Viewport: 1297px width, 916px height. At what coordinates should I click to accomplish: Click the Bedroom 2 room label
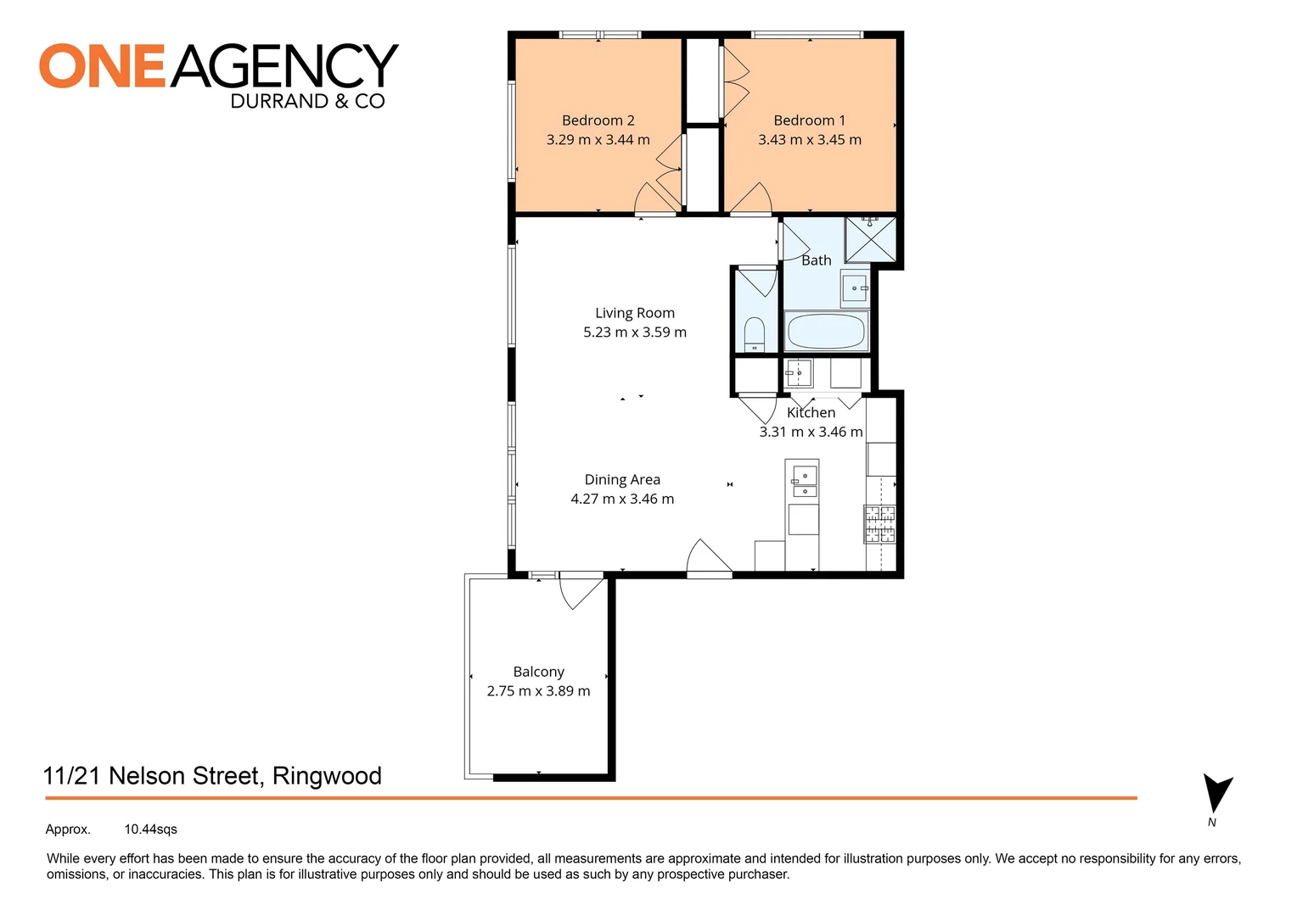point(598,120)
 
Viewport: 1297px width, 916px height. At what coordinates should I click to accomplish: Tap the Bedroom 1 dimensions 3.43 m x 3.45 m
point(809,140)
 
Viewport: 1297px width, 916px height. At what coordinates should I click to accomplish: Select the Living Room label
point(634,313)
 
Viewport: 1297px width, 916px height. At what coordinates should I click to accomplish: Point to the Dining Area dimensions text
point(622,499)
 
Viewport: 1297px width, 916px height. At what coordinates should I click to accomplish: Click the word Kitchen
point(811,412)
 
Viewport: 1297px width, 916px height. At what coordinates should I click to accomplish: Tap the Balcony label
point(538,672)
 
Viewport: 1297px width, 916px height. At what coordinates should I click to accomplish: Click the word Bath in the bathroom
point(816,260)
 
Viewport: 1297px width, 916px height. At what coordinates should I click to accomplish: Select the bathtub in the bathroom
point(826,331)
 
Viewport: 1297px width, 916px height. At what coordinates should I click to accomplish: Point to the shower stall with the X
point(870,239)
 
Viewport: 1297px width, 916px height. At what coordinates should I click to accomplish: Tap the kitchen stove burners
point(879,523)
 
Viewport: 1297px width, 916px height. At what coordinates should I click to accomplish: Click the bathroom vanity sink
point(854,288)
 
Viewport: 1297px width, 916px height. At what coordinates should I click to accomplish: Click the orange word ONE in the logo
point(102,67)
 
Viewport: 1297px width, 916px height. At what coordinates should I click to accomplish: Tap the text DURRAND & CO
point(307,102)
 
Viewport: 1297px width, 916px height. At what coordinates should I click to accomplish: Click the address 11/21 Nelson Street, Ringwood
point(212,776)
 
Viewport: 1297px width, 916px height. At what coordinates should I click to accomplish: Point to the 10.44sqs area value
point(150,829)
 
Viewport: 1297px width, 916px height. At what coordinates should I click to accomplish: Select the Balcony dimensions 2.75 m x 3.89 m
point(538,691)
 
